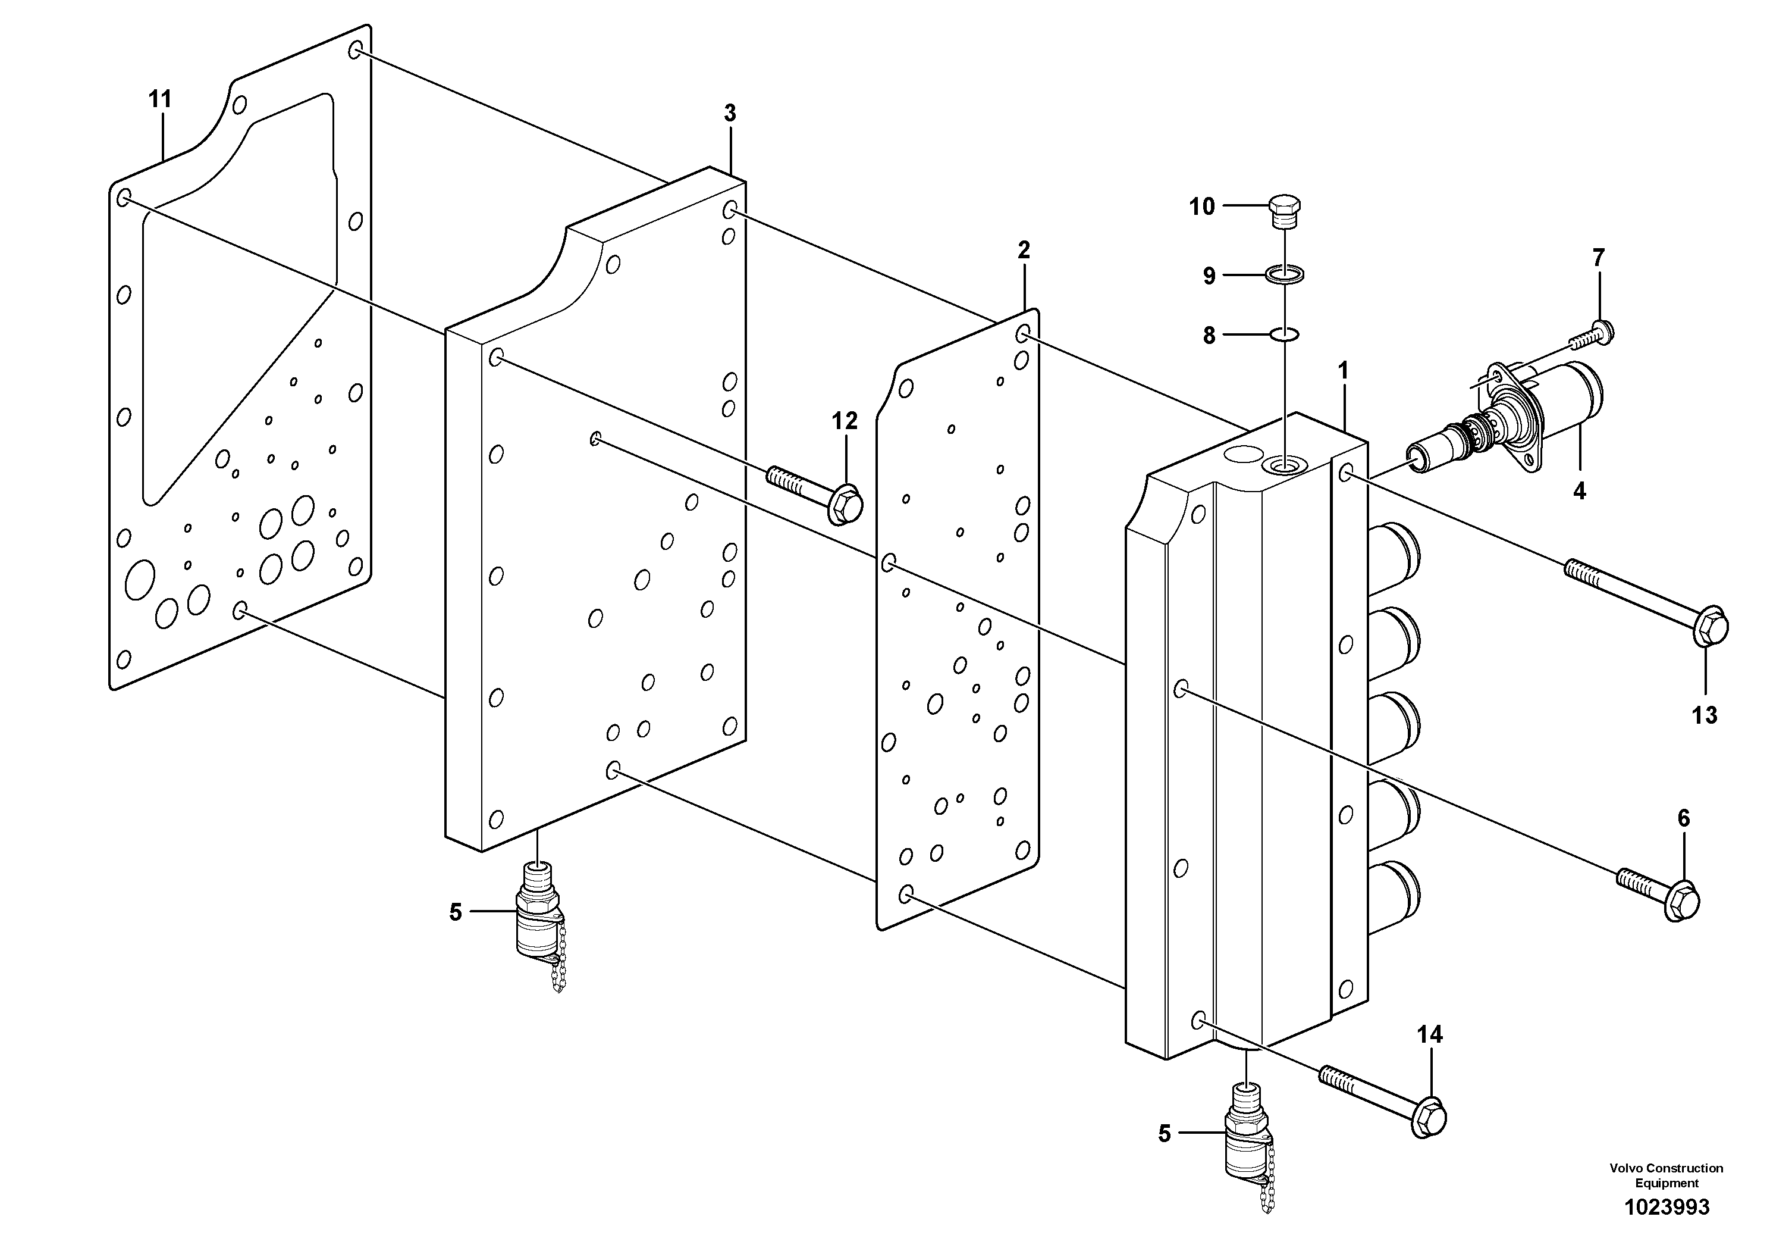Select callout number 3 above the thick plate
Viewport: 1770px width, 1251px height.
point(729,114)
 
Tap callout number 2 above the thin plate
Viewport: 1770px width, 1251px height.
point(1024,250)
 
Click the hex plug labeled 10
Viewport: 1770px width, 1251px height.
point(1284,211)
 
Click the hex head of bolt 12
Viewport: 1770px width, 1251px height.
point(845,505)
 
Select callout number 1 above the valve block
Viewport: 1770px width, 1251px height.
point(1343,372)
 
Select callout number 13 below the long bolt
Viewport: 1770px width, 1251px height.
point(1705,715)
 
